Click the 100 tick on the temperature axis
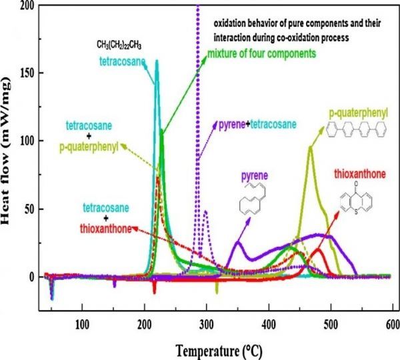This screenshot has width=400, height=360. (x=82, y=324)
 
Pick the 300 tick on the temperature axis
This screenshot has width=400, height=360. (x=206, y=324)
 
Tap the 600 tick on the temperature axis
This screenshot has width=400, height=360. (x=391, y=324)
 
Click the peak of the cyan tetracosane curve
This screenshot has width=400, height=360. (x=157, y=61)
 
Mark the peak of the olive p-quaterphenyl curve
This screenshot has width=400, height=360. (x=310, y=147)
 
